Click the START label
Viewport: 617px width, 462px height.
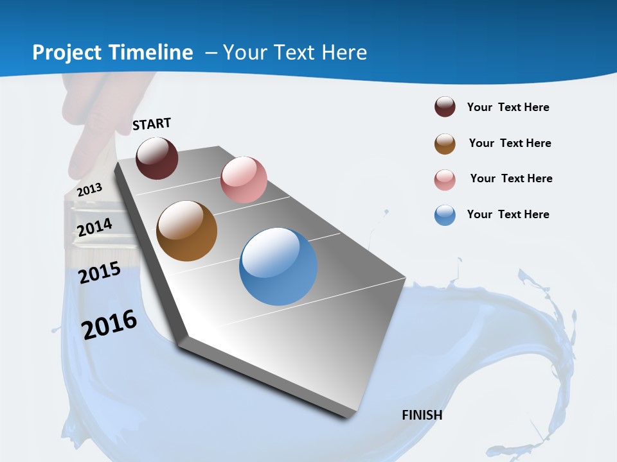tap(152, 124)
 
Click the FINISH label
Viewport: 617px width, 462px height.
tap(422, 415)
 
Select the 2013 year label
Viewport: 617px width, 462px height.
tap(89, 189)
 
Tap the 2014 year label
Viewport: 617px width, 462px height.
tap(94, 227)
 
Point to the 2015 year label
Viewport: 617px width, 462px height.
tap(100, 273)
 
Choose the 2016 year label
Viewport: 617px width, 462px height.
tap(109, 324)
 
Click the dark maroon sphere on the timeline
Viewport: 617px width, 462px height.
tap(157, 158)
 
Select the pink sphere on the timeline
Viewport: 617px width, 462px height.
tap(244, 179)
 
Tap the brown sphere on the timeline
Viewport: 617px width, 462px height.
tap(186, 231)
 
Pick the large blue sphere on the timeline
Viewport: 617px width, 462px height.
tap(278, 266)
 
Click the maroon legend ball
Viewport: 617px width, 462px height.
tap(445, 107)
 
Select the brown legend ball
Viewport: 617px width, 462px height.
tap(445, 144)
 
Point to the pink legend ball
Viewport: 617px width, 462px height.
tap(445, 180)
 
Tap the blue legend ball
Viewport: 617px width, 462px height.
tap(445, 215)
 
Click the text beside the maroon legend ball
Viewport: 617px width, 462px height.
tap(508, 107)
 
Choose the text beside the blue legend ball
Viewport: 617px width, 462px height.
tap(508, 214)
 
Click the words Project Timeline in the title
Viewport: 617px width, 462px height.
tap(112, 53)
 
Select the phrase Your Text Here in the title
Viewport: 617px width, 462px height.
tap(295, 53)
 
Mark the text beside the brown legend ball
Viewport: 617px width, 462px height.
tap(510, 143)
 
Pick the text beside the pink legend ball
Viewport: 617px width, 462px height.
tap(511, 178)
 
